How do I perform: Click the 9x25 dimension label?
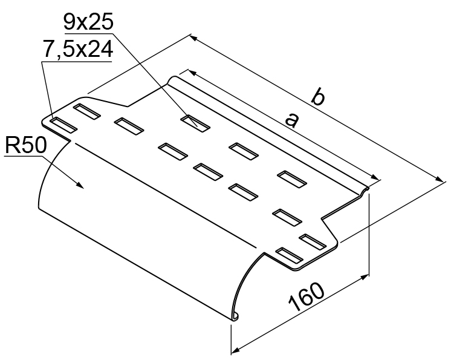(88, 22)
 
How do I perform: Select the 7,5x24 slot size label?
(77, 49)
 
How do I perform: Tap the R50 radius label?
(25, 145)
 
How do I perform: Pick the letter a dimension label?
(291, 120)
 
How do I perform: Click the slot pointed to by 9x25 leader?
(195, 123)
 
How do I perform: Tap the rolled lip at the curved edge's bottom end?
(235, 317)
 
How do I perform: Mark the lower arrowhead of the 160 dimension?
(235, 350)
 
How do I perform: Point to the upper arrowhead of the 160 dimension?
(365, 277)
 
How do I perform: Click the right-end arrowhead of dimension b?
(440, 178)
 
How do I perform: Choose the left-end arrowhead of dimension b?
(195, 38)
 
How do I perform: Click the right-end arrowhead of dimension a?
(374, 177)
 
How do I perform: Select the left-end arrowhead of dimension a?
(192, 73)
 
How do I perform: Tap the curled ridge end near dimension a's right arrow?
(364, 190)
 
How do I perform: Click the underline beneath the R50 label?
(24, 157)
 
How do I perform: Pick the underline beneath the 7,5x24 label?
(77, 62)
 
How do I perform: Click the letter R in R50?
(11, 145)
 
